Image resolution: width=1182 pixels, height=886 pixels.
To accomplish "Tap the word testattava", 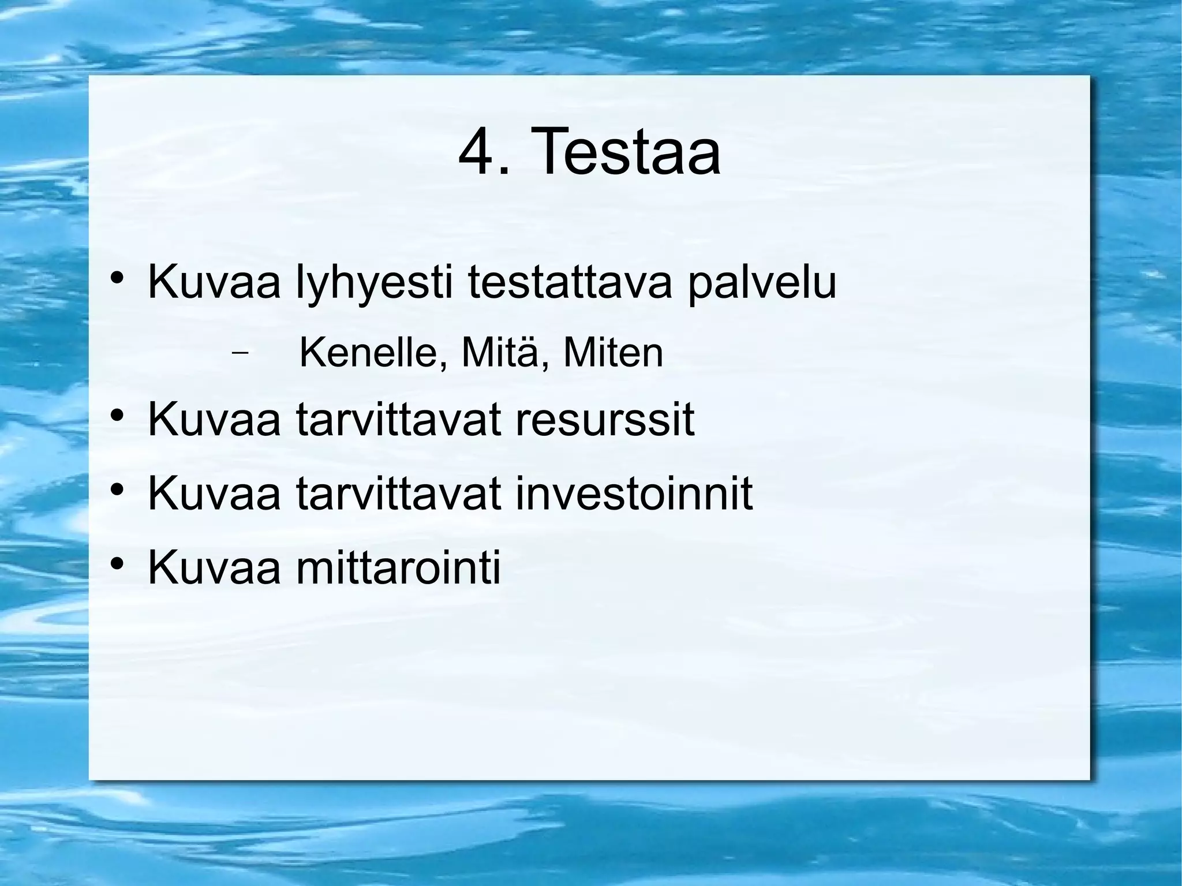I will pyautogui.click(x=570, y=282).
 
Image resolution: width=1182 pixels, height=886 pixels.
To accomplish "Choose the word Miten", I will pyautogui.click(x=613, y=353).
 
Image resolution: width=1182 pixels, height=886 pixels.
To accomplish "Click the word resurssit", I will pyautogui.click(x=604, y=420).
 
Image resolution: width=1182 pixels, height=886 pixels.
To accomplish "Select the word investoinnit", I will pyautogui.click(x=634, y=494).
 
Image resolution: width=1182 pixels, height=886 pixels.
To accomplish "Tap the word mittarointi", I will pyautogui.click(x=398, y=567).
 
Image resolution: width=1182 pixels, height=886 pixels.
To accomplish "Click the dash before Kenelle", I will pyautogui.click(x=239, y=353).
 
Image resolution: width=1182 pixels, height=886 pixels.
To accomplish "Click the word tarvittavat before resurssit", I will pyautogui.click(x=398, y=420).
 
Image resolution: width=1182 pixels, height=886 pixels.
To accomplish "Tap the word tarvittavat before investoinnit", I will pyautogui.click(x=398, y=494).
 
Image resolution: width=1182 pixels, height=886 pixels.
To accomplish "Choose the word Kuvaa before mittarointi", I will pyautogui.click(x=214, y=567).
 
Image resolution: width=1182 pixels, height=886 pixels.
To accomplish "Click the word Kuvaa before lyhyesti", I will pyautogui.click(x=214, y=282).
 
